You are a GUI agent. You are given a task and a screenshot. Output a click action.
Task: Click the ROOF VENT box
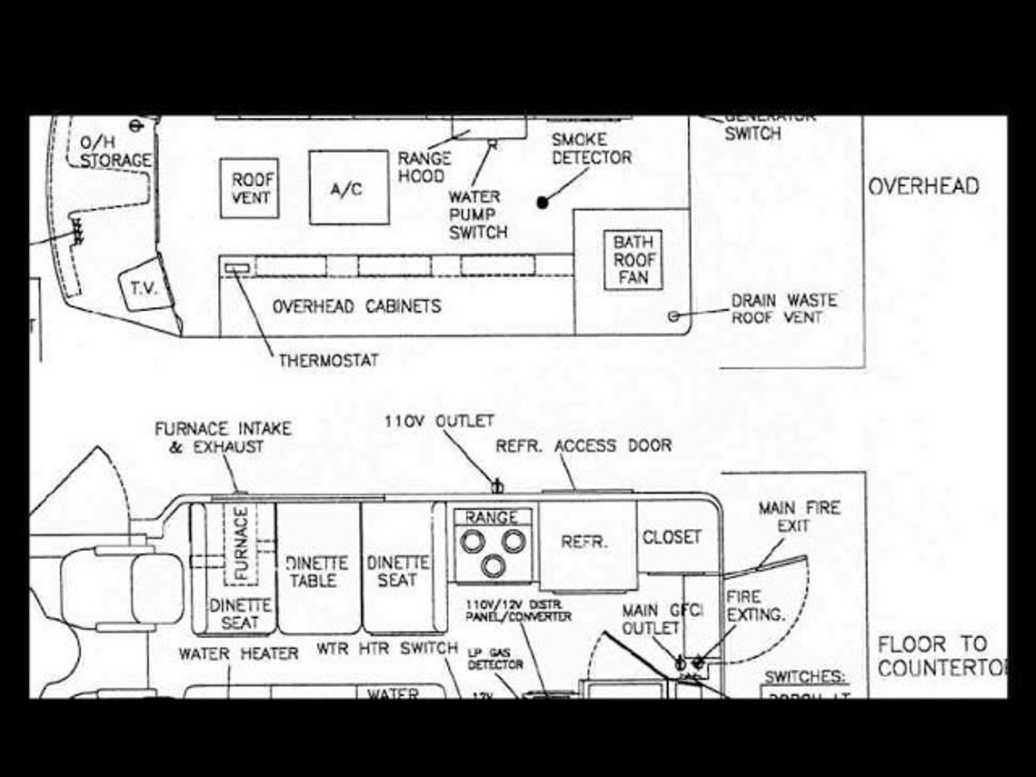click(x=249, y=188)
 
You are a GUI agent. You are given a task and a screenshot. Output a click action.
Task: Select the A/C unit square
click(x=349, y=188)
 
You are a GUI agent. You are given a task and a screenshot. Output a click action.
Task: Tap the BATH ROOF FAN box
click(x=633, y=260)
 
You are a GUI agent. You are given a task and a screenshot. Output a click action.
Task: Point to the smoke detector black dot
click(x=543, y=203)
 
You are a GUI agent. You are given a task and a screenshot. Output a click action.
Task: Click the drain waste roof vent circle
click(x=673, y=316)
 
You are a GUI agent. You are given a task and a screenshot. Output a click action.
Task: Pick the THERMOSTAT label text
click(x=328, y=361)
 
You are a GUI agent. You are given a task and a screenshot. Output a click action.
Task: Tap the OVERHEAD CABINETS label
click(x=356, y=306)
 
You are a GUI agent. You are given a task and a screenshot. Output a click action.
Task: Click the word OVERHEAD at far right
click(x=923, y=187)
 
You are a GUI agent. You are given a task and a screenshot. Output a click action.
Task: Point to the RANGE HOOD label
click(x=423, y=166)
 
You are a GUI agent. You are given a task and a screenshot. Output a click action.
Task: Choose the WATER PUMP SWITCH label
click(x=477, y=214)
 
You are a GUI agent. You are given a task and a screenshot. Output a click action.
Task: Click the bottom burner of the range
click(x=493, y=566)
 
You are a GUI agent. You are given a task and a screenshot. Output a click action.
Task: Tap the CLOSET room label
click(x=672, y=537)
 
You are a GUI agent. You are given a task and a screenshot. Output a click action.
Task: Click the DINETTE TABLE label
click(x=313, y=572)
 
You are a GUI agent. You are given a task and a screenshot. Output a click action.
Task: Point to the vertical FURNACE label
click(x=241, y=543)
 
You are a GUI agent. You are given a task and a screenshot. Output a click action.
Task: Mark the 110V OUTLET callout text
click(x=439, y=422)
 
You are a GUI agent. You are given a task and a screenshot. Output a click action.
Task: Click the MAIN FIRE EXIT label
click(x=799, y=517)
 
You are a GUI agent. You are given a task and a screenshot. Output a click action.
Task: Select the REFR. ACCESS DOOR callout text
click(x=583, y=446)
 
